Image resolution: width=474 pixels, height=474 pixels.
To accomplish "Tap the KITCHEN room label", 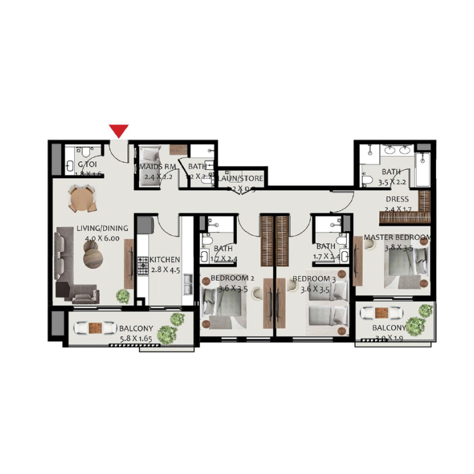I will point(165,260).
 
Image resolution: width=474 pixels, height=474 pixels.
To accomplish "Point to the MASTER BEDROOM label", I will point(396,238).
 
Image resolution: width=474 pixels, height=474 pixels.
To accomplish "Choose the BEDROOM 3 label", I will point(314,278).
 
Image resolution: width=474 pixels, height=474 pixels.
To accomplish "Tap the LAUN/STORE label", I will point(241,178).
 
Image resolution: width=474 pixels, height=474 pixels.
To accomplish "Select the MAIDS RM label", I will point(158,166).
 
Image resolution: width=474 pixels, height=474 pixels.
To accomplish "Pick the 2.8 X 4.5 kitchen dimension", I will point(165,270).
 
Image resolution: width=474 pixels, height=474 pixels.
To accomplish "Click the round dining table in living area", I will point(82,199).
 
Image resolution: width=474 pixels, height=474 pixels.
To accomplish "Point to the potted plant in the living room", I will point(123,295).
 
